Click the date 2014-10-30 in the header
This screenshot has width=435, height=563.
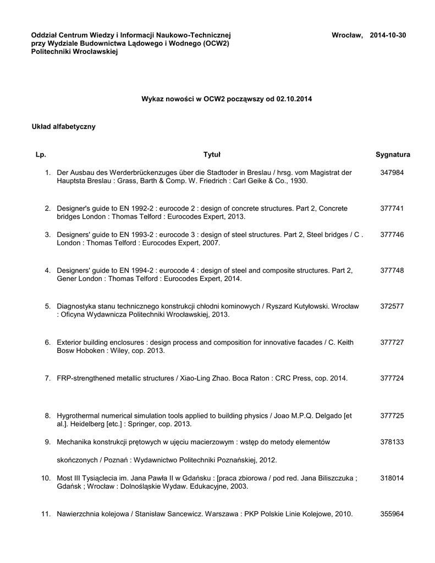(388, 35)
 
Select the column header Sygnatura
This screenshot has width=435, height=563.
(393, 155)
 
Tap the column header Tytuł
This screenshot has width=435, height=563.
(212, 155)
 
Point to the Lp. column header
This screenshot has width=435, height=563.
(41, 155)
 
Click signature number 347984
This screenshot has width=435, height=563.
(392, 173)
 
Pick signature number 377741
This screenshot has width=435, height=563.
(392, 209)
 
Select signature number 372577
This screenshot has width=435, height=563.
(392, 306)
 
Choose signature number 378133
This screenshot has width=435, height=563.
(392, 442)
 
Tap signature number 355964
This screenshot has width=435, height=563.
(392, 514)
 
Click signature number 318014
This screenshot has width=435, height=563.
(392, 478)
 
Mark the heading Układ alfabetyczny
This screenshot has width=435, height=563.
(64, 127)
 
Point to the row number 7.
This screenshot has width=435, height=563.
(48, 378)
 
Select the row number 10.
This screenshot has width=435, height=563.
(46, 478)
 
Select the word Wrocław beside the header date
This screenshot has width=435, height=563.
(346, 35)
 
